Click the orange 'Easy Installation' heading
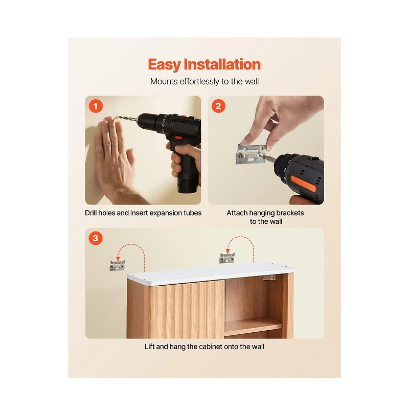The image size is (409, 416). [204, 64]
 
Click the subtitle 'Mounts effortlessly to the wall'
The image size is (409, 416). [204, 81]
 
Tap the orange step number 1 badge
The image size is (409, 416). [96, 106]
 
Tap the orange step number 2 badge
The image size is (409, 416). [218, 106]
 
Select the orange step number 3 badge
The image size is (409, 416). [96, 238]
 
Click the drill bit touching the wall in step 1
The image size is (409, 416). [127, 120]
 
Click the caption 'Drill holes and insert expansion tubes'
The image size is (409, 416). [143, 213]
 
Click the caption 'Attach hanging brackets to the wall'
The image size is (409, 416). [265, 217]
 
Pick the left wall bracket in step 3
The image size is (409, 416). [118, 266]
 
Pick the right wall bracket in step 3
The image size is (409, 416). [226, 258]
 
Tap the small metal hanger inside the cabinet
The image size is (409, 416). [269, 277]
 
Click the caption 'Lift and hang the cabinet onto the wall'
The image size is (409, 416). [204, 346]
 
